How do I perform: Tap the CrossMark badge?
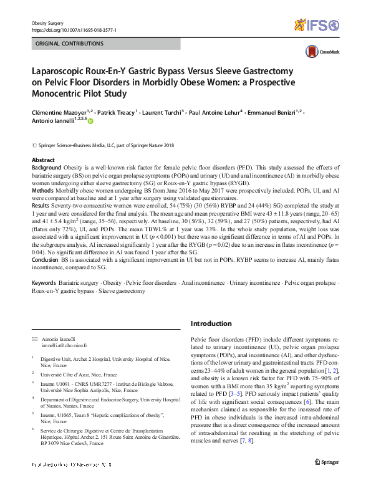(x=317, y=52)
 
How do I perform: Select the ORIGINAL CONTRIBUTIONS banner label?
(x=69, y=44)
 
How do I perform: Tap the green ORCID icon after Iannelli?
(x=90, y=121)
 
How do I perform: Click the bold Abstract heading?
(x=43, y=161)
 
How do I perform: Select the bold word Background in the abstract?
(x=47, y=168)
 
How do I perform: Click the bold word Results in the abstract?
(x=42, y=204)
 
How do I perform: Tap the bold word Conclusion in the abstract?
(x=47, y=261)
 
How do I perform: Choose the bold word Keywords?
(x=47, y=283)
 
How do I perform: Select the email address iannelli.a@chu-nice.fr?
(x=64, y=345)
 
